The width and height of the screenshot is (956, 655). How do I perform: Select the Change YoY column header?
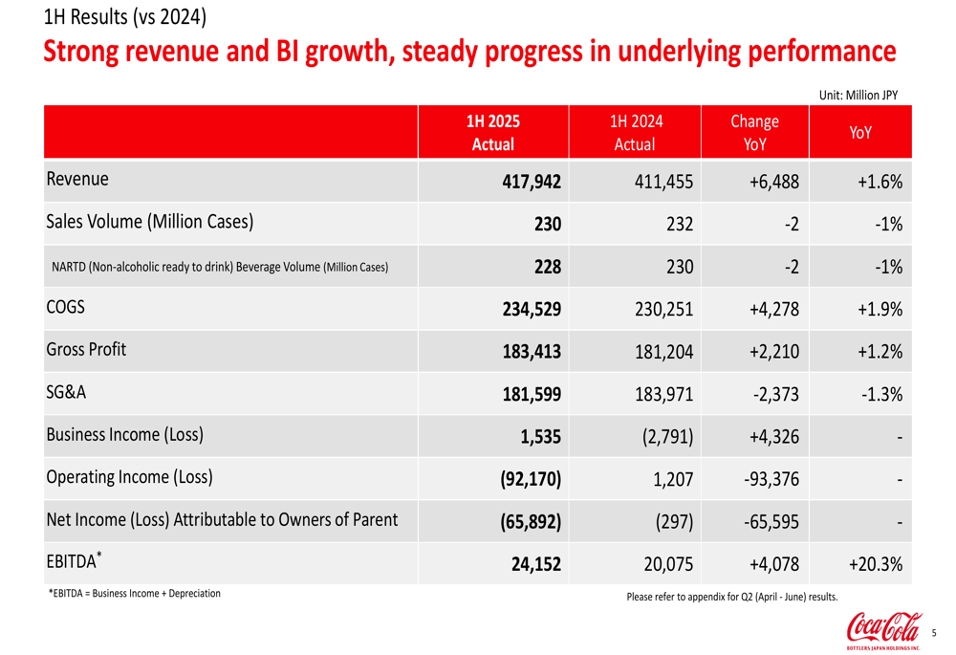754,133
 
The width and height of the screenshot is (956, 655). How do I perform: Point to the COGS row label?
65,308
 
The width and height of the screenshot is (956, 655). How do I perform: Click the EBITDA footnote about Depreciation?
134,594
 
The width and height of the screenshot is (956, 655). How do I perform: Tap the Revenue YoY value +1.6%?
879,182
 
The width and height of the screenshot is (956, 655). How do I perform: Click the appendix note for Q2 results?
731,598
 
